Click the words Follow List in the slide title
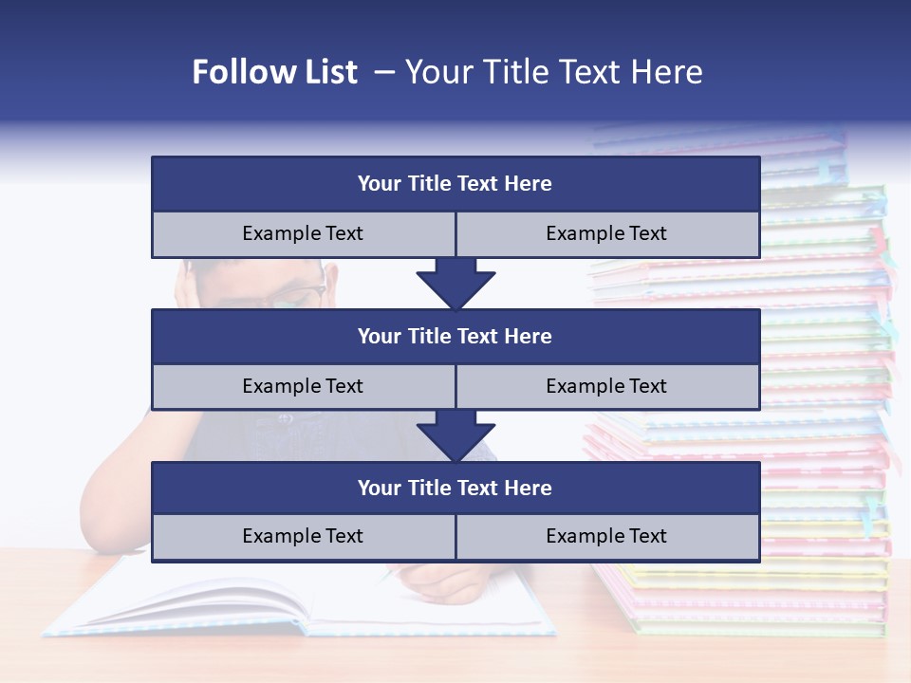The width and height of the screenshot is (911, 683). [x=274, y=72]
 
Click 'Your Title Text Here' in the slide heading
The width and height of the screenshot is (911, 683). [x=553, y=72]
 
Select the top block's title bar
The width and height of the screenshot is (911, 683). [x=455, y=184]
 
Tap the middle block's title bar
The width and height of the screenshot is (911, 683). [x=455, y=337]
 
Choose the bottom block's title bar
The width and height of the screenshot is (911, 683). [x=455, y=489]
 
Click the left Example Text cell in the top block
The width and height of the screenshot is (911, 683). [x=304, y=234]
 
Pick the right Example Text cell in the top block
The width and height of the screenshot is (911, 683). [x=607, y=234]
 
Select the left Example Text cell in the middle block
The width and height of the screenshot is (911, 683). [x=304, y=387]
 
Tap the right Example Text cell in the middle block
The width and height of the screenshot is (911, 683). [x=607, y=387]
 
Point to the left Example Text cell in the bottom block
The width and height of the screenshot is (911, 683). [x=304, y=537]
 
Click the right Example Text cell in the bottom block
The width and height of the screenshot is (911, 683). [x=607, y=537]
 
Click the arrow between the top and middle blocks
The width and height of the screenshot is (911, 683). [x=455, y=283]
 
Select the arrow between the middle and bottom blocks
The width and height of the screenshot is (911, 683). [x=455, y=435]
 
